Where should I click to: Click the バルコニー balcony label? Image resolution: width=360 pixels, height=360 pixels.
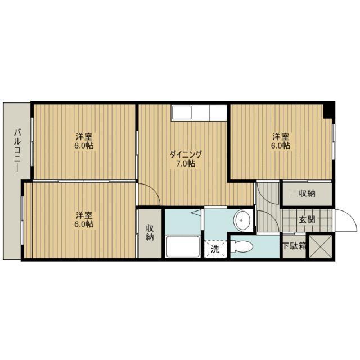(17, 150)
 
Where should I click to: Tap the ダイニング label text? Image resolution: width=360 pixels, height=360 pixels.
(186, 154)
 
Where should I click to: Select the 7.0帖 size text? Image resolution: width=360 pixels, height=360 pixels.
(186, 164)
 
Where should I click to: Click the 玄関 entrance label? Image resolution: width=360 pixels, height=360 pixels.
(307, 220)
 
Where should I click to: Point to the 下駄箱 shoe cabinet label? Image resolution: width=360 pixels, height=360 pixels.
(294, 246)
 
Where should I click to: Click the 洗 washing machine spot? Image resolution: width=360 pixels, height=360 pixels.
(215, 249)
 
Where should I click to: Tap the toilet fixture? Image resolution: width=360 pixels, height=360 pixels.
(241, 246)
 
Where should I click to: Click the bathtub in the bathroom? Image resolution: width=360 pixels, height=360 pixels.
(183, 246)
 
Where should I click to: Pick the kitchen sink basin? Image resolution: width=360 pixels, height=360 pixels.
(182, 112)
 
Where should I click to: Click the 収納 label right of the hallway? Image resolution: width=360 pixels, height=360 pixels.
(307, 193)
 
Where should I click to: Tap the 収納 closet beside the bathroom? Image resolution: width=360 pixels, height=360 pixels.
(150, 233)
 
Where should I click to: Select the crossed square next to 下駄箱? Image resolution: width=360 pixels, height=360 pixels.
(321, 246)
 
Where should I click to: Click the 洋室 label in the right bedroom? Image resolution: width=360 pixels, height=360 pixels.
(281, 137)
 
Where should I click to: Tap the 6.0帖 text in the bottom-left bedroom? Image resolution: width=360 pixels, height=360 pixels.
(84, 224)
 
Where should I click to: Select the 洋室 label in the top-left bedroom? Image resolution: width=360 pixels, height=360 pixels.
(84, 137)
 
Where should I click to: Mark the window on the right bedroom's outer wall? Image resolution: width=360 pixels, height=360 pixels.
(334, 141)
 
